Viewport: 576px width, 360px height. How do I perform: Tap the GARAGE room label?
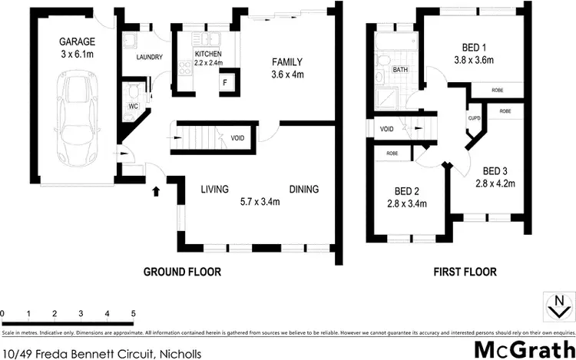click(x=74, y=41)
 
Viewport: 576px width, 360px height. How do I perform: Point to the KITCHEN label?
click(x=207, y=54)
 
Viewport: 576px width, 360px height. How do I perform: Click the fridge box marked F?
click(x=226, y=82)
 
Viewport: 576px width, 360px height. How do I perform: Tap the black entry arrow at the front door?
click(x=157, y=188)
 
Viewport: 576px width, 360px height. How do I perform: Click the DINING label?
click(x=303, y=190)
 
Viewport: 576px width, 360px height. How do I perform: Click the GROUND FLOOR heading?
click(x=183, y=272)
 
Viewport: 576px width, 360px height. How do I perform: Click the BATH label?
click(x=400, y=70)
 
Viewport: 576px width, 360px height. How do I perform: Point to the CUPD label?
click(x=474, y=119)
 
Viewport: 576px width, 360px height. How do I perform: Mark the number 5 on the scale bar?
click(x=133, y=314)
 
